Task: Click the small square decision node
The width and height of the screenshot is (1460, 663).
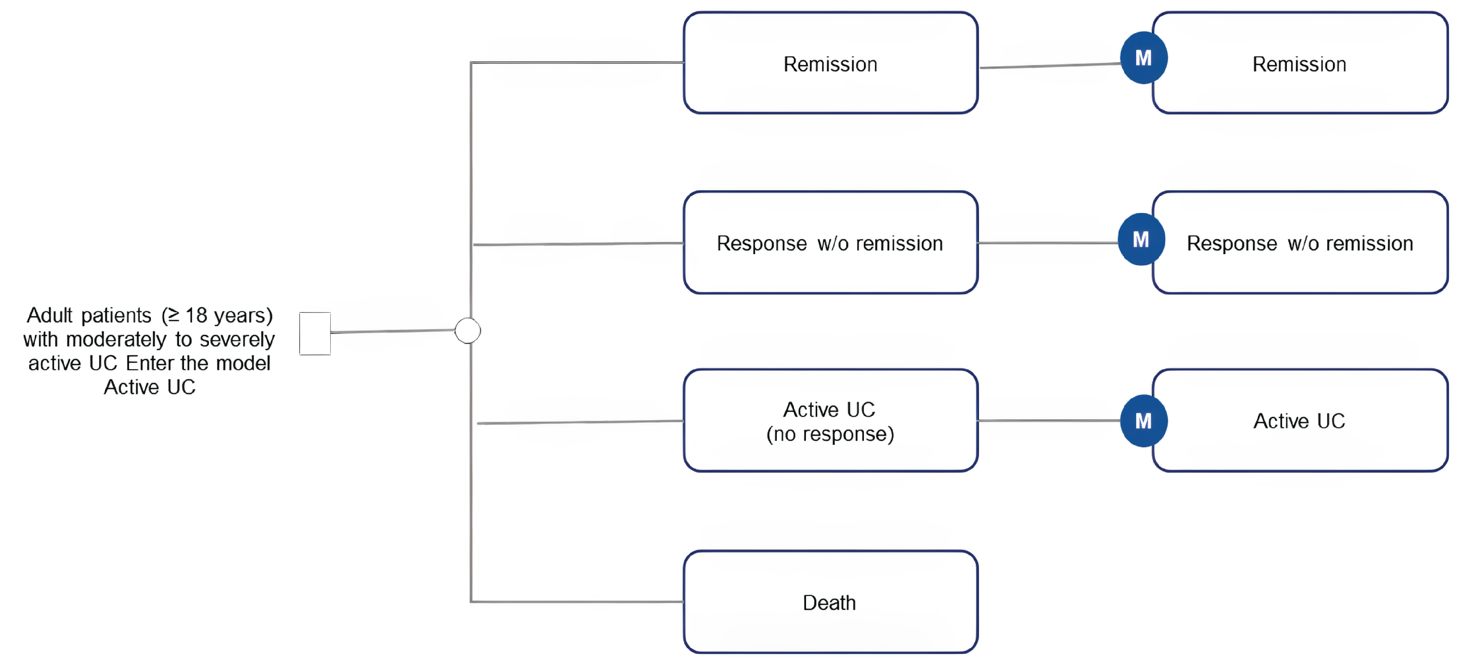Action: coord(315,334)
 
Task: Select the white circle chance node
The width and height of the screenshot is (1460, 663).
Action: coord(468,330)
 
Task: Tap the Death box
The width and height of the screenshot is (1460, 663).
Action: coord(830,602)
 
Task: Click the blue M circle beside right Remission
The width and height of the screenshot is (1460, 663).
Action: coord(1143,58)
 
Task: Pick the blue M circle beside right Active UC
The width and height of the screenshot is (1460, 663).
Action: coord(1143,421)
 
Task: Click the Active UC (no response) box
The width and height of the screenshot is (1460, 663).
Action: coord(830,420)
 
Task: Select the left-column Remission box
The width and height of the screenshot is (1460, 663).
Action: coord(830,63)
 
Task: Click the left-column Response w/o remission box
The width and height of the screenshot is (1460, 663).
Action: coord(830,243)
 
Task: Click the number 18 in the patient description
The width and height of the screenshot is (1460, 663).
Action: coord(196,315)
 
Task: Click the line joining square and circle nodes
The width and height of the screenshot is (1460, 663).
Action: coord(392,331)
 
